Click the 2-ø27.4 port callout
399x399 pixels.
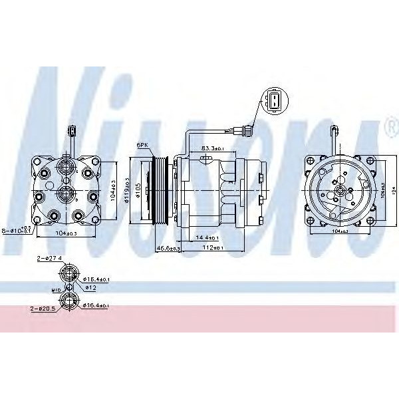point(51,258)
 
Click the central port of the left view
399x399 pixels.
point(65,193)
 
